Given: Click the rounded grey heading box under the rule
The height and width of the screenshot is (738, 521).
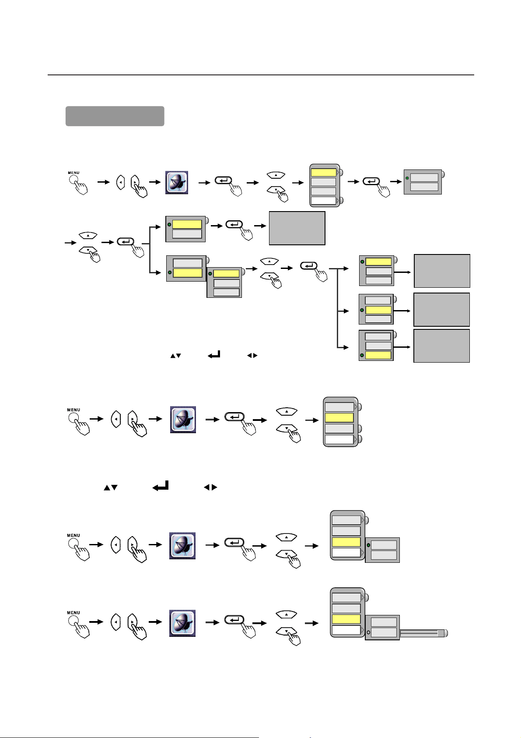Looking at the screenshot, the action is click(115, 116).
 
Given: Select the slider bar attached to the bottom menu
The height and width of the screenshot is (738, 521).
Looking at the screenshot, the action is click(423, 633).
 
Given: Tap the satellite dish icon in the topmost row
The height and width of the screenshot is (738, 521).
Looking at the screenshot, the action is click(177, 182).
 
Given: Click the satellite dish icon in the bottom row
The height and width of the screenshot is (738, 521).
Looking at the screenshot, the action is click(182, 623).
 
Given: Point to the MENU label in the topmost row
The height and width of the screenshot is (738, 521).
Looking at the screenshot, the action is click(74, 173).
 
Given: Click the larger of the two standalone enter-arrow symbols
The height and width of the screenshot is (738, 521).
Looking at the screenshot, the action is click(161, 486).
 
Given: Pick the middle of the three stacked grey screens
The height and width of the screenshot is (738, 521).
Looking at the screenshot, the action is click(442, 310).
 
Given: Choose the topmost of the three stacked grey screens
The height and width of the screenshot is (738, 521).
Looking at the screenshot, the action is click(442, 271).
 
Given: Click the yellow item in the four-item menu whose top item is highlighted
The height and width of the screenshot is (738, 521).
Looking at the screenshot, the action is click(324, 173).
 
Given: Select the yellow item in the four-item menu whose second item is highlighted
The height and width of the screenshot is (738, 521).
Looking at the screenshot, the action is click(339, 417).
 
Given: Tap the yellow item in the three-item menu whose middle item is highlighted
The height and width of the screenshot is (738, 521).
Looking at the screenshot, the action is click(378, 310).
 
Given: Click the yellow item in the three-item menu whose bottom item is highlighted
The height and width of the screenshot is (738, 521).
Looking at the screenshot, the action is click(378, 355).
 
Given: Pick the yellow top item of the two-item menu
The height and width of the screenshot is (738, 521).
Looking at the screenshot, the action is click(187, 224).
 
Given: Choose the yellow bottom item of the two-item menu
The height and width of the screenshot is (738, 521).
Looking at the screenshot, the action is click(188, 273).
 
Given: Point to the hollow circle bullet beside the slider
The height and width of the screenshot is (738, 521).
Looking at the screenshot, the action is click(369, 632).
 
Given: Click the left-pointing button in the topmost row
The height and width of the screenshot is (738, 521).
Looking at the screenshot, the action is click(121, 182).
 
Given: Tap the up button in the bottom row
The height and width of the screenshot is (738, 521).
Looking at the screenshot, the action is click(287, 614).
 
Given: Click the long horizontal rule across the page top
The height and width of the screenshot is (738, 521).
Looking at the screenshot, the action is click(261, 75).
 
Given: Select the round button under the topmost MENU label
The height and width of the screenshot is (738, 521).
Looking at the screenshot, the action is click(73, 180).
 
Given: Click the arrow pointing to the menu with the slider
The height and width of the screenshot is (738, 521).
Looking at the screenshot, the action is click(311, 623).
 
